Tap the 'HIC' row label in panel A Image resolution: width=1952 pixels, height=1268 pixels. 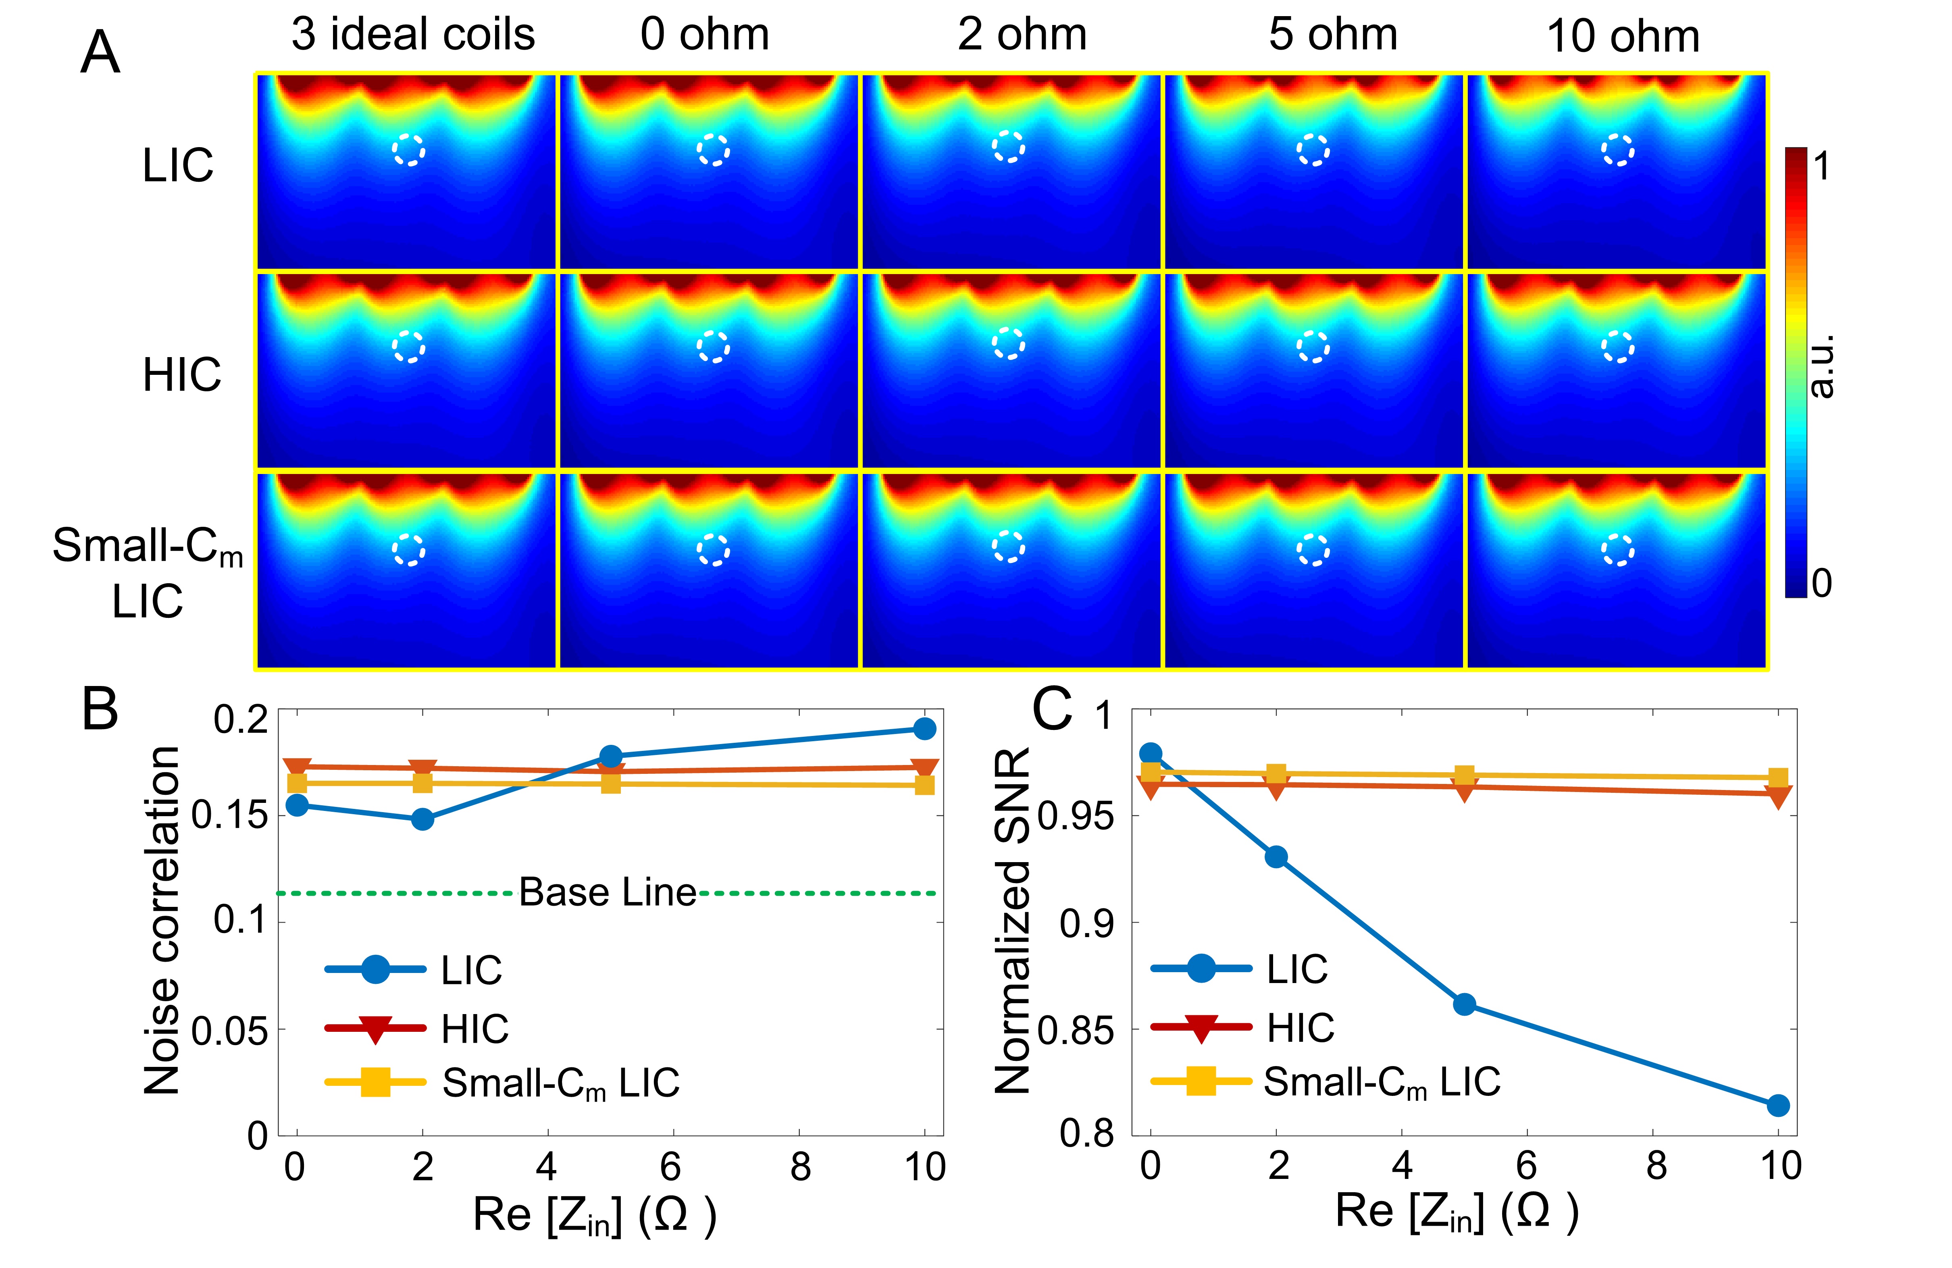point(181,376)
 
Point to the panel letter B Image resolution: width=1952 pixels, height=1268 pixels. point(100,709)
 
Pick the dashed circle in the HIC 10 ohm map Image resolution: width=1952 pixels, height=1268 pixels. point(1617,347)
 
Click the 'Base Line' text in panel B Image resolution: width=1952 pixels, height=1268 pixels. point(608,892)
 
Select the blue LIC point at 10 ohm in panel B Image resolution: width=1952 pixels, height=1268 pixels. point(924,728)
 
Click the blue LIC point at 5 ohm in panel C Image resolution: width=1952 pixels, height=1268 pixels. point(1464,1004)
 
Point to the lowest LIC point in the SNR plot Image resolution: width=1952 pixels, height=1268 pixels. point(1777,1105)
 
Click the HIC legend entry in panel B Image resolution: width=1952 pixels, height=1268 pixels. point(474,1029)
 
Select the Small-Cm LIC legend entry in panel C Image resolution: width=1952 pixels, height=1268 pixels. point(1381,1082)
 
